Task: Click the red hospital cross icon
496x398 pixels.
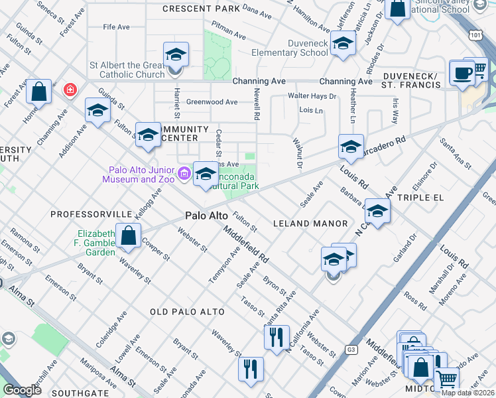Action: (68, 90)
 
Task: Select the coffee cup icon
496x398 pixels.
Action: (462, 73)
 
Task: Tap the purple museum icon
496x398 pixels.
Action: (184, 174)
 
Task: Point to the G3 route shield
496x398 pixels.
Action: (351, 348)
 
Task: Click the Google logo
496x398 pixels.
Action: (22, 390)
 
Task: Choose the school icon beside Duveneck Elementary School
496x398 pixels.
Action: (342, 44)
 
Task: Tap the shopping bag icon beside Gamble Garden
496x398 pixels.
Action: (128, 235)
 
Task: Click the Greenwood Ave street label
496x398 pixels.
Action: (212, 102)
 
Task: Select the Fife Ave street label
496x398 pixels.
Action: (116, 27)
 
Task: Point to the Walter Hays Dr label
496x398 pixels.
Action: (312, 96)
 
